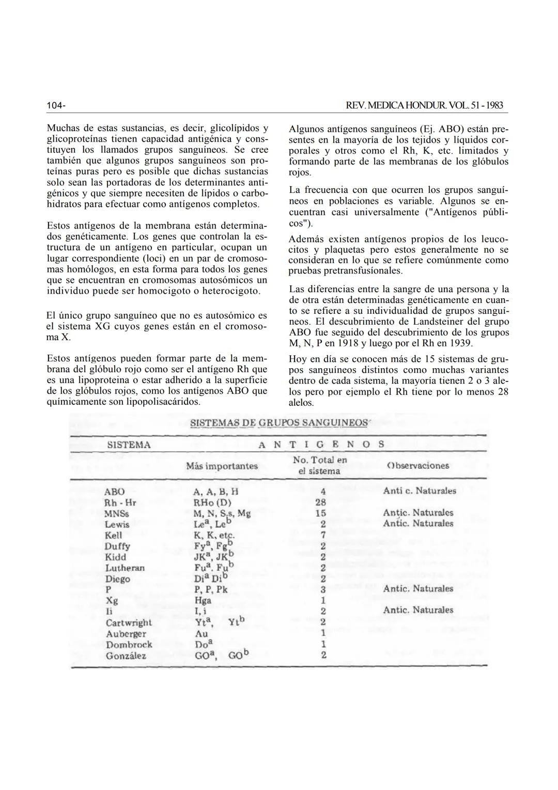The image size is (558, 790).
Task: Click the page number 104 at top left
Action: point(55,106)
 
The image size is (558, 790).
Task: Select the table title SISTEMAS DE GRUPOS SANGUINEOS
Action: point(279,422)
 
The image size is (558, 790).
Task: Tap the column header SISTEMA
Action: point(129,445)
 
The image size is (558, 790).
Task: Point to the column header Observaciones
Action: point(418,465)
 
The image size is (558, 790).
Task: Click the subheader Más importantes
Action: point(222,466)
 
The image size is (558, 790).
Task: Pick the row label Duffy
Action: point(117,546)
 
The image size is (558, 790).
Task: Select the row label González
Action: point(126,656)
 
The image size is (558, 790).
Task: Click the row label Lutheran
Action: point(125,568)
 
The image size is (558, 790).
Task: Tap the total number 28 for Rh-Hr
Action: point(320,502)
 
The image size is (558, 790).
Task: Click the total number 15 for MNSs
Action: point(320,513)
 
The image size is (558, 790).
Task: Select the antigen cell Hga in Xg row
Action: point(203,601)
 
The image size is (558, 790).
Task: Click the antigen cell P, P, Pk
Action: point(210,590)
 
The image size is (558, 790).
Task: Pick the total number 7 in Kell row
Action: point(322,535)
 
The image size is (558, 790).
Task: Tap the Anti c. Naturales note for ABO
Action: point(420,491)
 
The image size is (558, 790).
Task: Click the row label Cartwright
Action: point(129,623)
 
